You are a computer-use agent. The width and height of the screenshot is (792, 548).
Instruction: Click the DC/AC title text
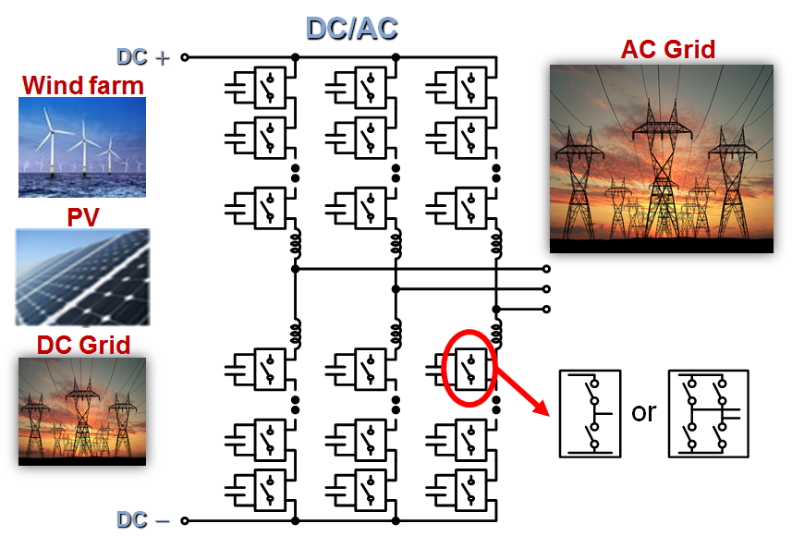[351, 28]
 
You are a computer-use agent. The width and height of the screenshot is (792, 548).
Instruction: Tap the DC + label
[144, 56]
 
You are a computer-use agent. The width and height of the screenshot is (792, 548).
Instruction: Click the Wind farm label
[83, 86]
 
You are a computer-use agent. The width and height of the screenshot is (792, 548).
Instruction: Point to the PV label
[82, 218]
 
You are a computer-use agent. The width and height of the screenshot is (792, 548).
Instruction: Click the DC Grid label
[83, 345]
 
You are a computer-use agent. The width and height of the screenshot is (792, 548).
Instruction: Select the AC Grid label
[668, 48]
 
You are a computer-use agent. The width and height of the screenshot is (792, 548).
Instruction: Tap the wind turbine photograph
[82, 147]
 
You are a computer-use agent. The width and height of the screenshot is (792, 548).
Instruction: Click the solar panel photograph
[82, 276]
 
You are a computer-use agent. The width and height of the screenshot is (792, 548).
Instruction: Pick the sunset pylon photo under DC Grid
[82, 410]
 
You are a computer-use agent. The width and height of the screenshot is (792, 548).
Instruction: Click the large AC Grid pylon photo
[661, 158]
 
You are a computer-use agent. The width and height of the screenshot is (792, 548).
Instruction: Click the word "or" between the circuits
[643, 412]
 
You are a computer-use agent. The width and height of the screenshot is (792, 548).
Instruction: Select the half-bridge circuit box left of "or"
[591, 413]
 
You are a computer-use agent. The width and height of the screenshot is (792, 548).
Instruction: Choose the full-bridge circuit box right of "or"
[708, 413]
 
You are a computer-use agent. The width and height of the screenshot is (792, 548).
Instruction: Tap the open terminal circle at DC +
[185, 56]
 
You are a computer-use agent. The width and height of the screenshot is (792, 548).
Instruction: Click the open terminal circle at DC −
[185, 520]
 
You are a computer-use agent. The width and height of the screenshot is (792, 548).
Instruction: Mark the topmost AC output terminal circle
[546, 270]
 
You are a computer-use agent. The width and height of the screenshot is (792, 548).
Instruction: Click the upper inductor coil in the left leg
[296, 242]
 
